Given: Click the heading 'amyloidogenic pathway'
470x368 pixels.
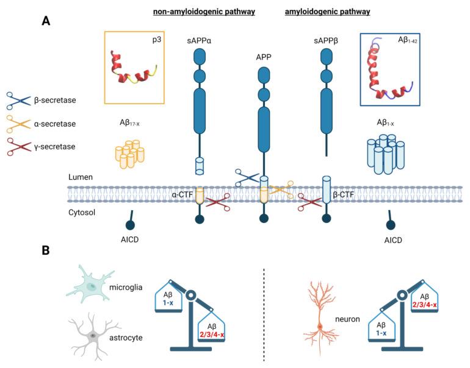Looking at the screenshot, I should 327,12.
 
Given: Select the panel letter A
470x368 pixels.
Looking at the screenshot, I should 46,21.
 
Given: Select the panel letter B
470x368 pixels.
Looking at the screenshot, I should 46,250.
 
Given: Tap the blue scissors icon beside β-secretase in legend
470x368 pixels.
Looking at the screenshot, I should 18,99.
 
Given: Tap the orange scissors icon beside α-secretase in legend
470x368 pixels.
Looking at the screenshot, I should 18,124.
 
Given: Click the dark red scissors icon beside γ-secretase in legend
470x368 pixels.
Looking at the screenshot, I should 18,148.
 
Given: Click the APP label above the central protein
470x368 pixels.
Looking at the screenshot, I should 263,60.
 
